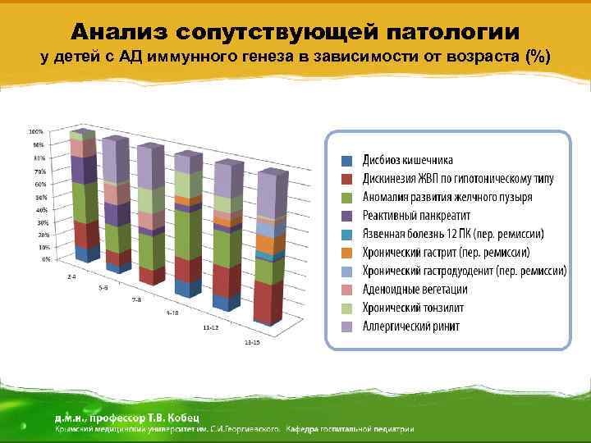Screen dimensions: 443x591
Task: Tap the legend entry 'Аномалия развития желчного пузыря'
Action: pyautogui.click(x=447, y=197)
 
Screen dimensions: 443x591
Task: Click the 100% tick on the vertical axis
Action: pyautogui.click(x=37, y=131)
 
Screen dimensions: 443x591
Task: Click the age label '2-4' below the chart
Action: pyautogui.click(x=72, y=277)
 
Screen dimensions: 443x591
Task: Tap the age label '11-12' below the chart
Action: pyautogui.click(x=211, y=327)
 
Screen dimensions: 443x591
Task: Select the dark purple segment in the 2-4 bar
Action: pyautogui.click(x=82, y=169)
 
